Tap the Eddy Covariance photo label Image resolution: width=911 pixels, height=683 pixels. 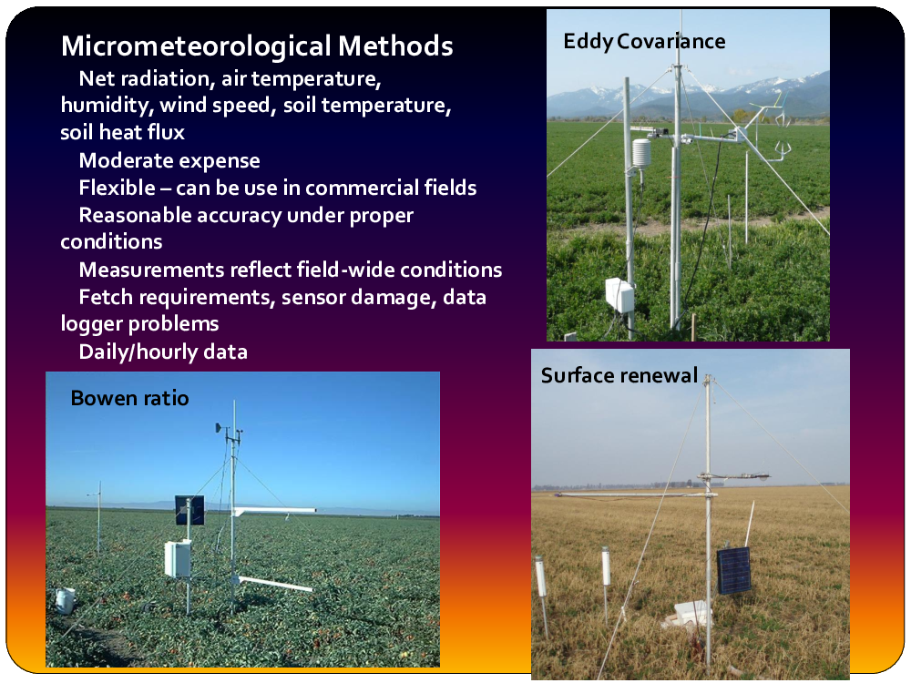tap(644, 42)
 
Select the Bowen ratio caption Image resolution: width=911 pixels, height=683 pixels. tap(129, 399)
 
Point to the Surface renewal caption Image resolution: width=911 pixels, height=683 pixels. tap(619, 376)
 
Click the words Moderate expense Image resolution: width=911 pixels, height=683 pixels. tap(169, 161)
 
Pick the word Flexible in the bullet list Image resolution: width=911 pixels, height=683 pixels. tap(117, 189)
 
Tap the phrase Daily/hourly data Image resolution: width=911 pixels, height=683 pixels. tap(163, 352)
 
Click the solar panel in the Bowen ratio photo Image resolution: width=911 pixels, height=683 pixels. tap(190, 510)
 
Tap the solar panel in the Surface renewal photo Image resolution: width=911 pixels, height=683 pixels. tap(733, 570)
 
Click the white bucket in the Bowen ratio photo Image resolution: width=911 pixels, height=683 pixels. tap(65, 600)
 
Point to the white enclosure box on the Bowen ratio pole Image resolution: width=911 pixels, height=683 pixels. tap(178, 559)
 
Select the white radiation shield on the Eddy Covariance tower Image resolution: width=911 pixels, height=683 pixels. tap(641, 153)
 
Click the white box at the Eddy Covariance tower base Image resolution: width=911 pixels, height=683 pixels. tap(619, 295)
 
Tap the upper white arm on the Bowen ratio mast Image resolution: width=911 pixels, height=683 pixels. tap(274, 511)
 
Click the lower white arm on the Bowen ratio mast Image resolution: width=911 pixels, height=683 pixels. tap(273, 584)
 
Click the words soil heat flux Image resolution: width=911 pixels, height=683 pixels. tap(123, 132)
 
